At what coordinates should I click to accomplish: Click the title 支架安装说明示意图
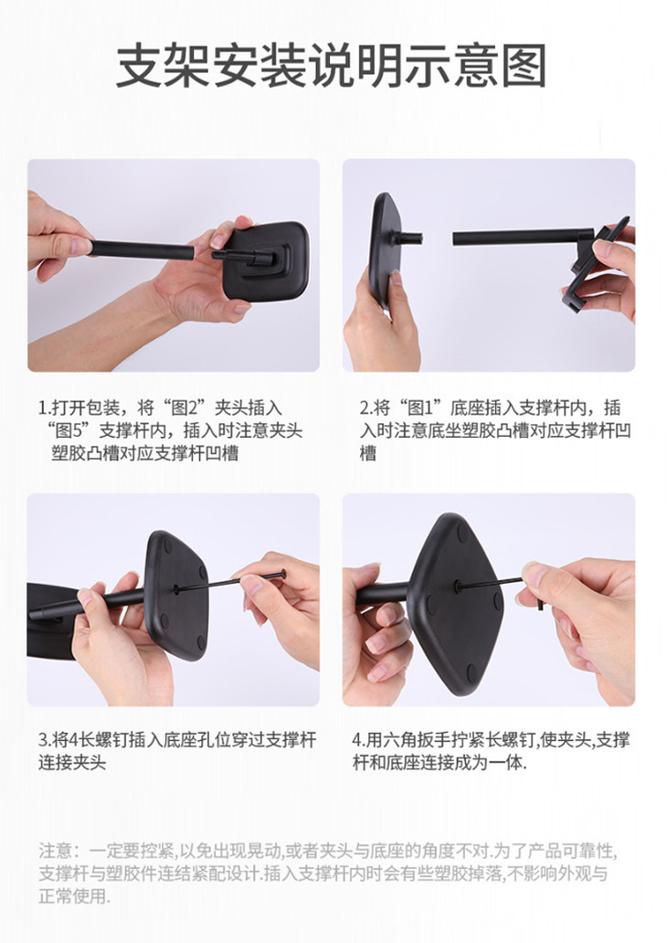pyautogui.click(x=332, y=66)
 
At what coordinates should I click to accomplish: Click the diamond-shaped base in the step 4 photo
pyautogui.click(x=455, y=601)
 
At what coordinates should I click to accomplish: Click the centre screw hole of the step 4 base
pyautogui.click(x=458, y=585)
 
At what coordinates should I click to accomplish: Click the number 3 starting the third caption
pyautogui.click(x=43, y=740)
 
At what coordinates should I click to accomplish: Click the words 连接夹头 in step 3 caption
pyautogui.click(x=72, y=763)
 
